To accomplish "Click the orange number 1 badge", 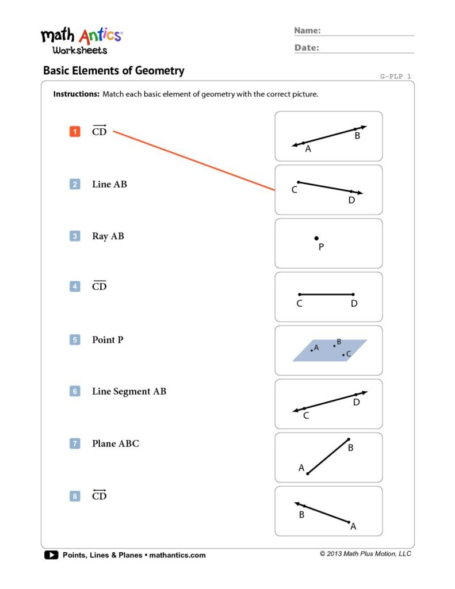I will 75,132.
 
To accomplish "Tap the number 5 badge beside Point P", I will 75,340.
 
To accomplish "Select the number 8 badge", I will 75,496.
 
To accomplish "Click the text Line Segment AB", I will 129,392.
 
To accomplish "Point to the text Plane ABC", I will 115,443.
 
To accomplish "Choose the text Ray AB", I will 108,236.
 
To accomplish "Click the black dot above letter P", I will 316,238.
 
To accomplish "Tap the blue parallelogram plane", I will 329,350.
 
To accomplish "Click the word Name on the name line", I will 307,30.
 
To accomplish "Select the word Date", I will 307,48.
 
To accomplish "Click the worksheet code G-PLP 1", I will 396,76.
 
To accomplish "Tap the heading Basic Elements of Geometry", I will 114,71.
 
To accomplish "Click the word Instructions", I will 77,94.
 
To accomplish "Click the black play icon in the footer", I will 51,555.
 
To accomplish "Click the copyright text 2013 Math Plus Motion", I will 366,554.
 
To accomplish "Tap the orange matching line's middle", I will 194,160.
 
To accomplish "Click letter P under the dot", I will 321,247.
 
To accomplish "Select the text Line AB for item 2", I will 109,185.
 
